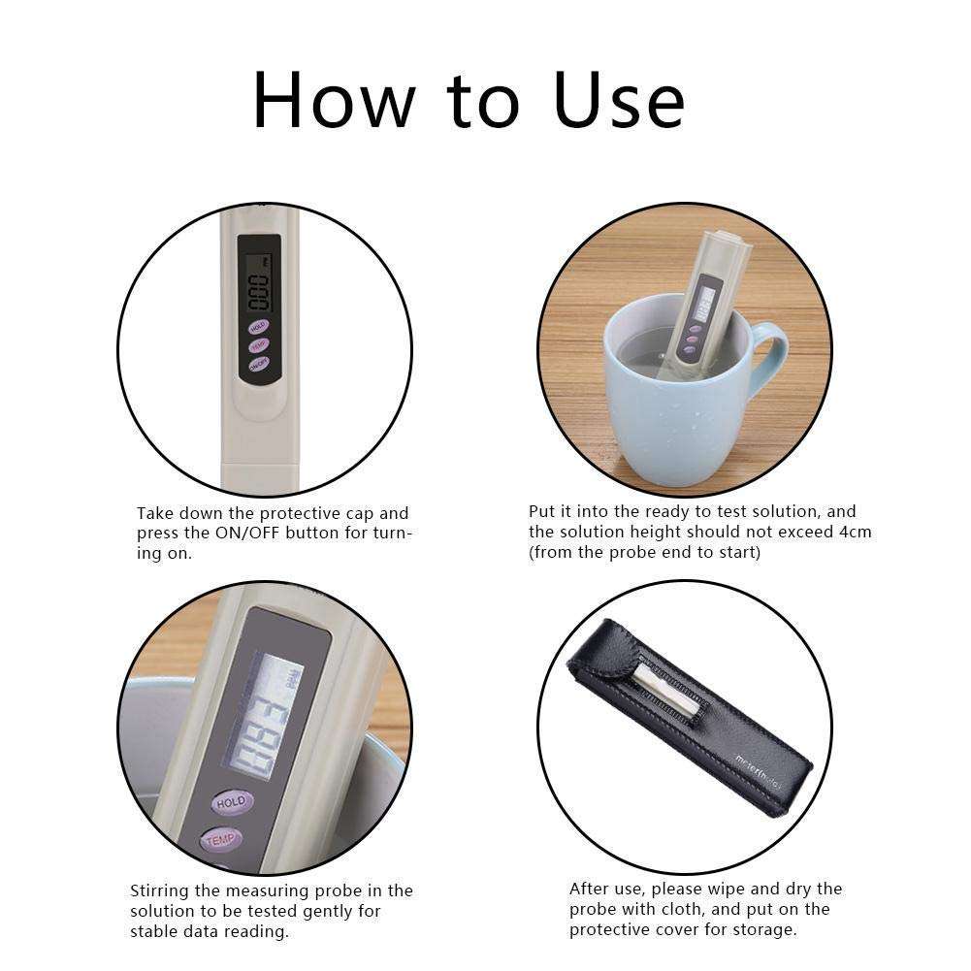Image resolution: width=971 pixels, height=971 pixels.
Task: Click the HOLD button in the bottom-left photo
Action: tap(232, 803)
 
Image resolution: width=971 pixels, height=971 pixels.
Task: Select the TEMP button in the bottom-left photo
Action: tap(222, 840)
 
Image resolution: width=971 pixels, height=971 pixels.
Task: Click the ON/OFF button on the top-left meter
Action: tap(258, 365)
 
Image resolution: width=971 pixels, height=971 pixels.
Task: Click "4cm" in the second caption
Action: tap(855, 532)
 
